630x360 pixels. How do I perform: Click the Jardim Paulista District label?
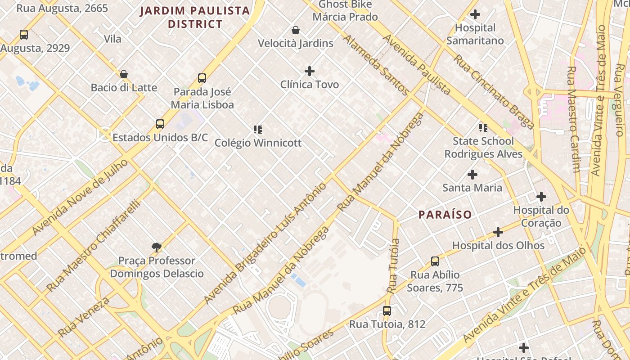pyautogui.click(x=195, y=17)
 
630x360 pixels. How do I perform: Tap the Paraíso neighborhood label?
pyautogui.click(x=445, y=215)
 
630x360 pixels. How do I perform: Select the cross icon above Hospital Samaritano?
pyautogui.click(x=475, y=14)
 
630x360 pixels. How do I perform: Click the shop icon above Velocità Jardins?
pyautogui.click(x=296, y=30)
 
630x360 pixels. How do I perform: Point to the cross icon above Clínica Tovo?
pyautogui.click(x=310, y=71)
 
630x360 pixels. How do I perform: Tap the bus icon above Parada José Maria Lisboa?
pyautogui.click(x=202, y=78)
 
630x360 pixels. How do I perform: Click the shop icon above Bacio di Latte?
pyautogui.click(x=124, y=74)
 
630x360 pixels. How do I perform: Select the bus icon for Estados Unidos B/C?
pyautogui.click(x=160, y=124)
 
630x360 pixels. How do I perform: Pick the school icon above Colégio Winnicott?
pyautogui.click(x=258, y=130)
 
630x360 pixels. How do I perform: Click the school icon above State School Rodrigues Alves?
pyautogui.click(x=483, y=128)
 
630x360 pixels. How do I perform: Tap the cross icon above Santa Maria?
pyautogui.click(x=472, y=174)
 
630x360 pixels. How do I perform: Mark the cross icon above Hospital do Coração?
pyautogui.click(x=541, y=197)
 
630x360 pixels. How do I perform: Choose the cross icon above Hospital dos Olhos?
pyautogui.click(x=498, y=232)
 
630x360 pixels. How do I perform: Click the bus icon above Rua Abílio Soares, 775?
pyautogui.click(x=435, y=261)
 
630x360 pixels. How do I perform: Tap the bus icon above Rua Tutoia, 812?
pyautogui.click(x=387, y=311)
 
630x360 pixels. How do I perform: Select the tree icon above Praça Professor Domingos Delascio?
pyautogui.click(x=157, y=247)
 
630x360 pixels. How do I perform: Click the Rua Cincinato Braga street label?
pyautogui.click(x=494, y=92)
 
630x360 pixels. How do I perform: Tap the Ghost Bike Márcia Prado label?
pyautogui.click(x=345, y=11)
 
